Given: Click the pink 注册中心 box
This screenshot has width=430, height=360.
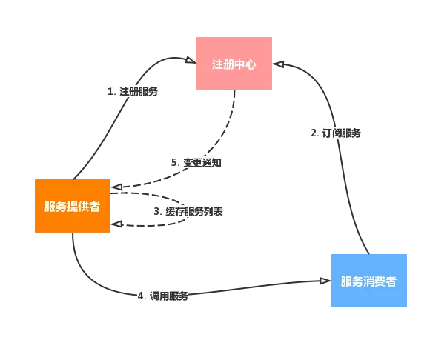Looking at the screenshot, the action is click(234, 64).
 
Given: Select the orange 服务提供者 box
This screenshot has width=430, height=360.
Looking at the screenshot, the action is click(73, 206).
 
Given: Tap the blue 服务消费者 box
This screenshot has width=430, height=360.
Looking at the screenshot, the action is click(369, 281).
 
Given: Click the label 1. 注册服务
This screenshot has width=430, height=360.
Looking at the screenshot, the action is click(133, 92).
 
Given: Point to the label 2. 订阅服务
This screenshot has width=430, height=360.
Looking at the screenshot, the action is click(336, 133).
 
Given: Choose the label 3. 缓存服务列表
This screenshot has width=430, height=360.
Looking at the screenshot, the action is click(188, 212).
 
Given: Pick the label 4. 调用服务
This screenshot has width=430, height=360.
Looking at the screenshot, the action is click(163, 296).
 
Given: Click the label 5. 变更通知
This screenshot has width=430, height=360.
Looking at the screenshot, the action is click(196, 163).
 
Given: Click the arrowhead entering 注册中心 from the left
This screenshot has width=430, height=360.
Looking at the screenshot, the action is click(191, 60).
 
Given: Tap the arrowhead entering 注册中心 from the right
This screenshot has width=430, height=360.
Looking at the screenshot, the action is click(278, 64).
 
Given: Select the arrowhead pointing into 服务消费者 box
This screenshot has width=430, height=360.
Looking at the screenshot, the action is click(325, 281).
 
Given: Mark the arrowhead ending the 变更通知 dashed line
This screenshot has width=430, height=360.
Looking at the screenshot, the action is click(116, 187).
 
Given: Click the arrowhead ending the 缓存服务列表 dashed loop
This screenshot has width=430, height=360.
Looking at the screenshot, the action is click(116, 224).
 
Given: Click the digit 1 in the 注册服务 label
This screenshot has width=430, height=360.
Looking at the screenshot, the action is click(110, 92).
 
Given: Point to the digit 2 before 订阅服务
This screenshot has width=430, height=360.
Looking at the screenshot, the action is click(314, 133).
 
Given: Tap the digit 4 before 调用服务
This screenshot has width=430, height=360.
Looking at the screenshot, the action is click(140, 296).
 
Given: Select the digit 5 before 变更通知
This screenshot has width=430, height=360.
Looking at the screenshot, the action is click(174, 163).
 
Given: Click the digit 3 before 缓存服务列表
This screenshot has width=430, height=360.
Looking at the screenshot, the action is click(156, 212).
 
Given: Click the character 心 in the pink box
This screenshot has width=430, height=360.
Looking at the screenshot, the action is click(251, 64).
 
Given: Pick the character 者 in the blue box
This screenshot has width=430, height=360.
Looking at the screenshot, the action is click(391, 281).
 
